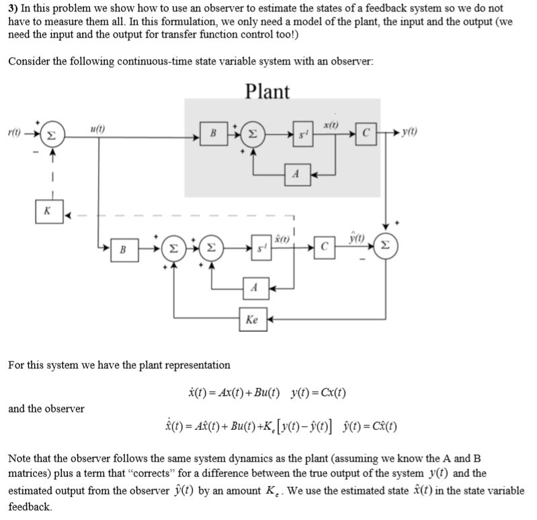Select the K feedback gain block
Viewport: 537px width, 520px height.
tap(47, 210)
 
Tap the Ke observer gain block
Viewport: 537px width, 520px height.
tap(252, 320)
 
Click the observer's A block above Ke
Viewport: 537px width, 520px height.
tap(252, 285)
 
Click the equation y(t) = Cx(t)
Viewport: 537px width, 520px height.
tap(319, 392)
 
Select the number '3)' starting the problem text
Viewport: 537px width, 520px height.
tap(13, 8)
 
